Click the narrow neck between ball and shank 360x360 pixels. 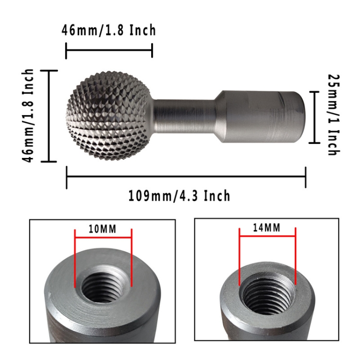tap(184, 117)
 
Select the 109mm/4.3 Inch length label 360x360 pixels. tap(179, 196)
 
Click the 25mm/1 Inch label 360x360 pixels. tap(334, 115)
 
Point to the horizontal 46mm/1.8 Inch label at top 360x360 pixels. tap(108, 30)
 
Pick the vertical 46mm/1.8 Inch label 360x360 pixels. tap(28, 116)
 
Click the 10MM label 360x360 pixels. tap(103, 229)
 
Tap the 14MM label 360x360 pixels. tap(267, 228)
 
